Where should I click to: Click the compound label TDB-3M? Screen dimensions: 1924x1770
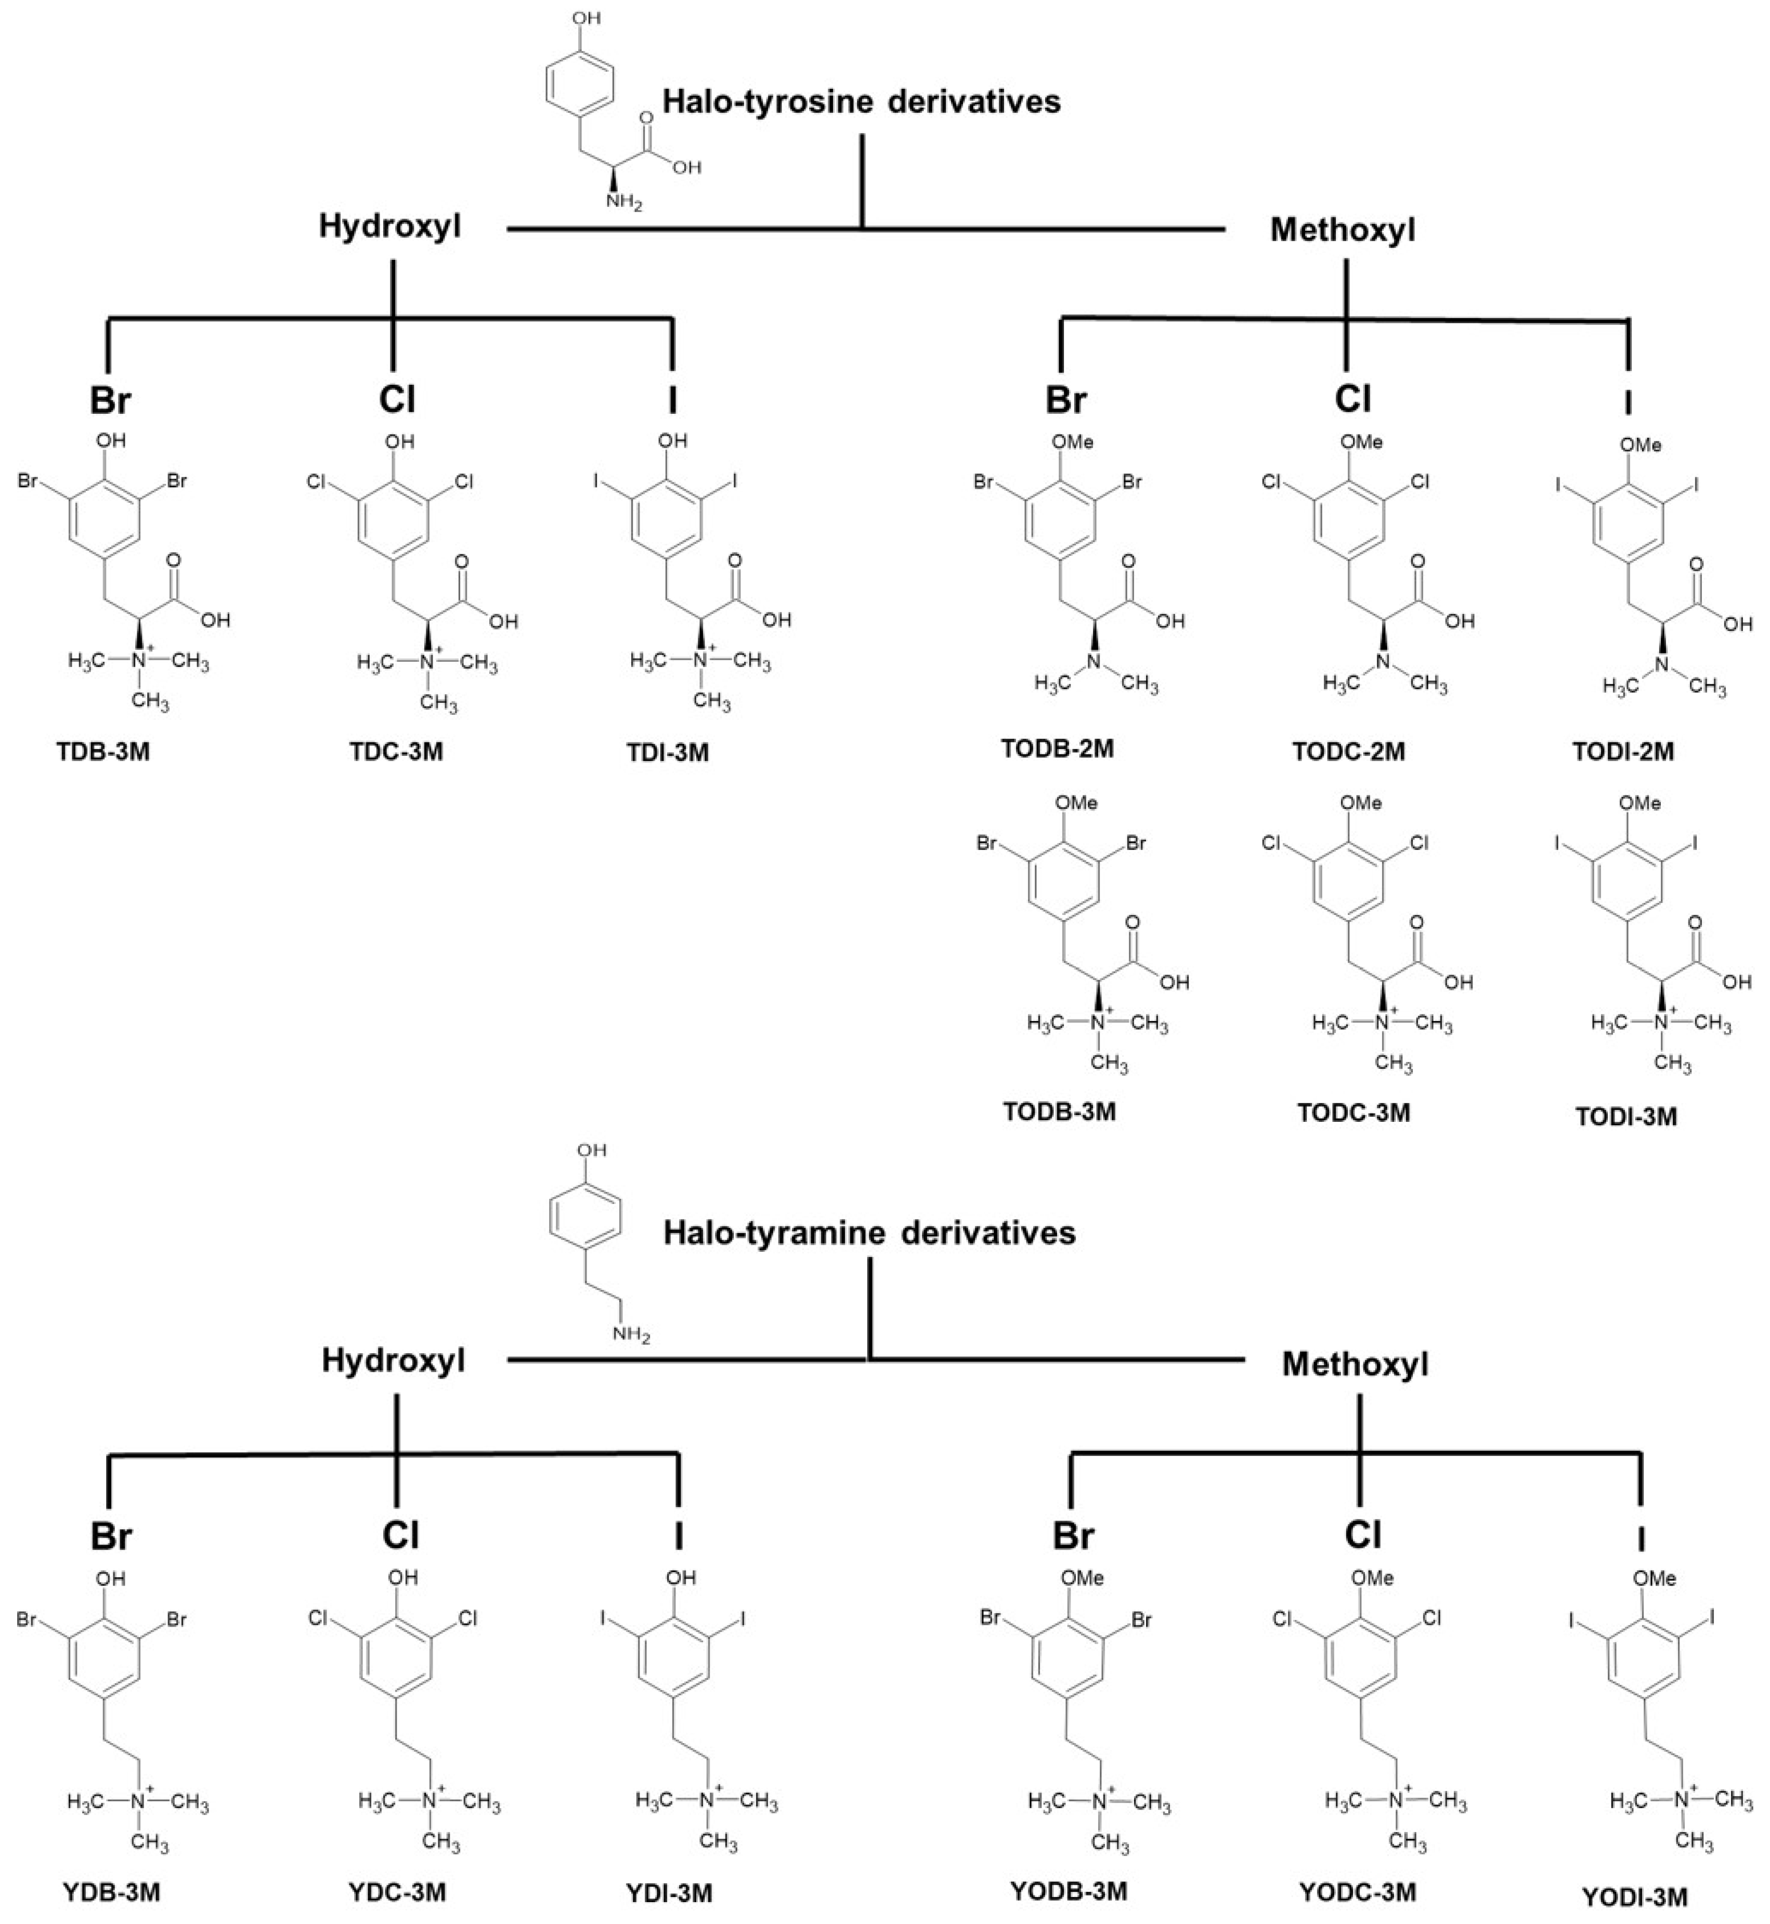point(103,751)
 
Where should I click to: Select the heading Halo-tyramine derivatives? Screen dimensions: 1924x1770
point(869,1233)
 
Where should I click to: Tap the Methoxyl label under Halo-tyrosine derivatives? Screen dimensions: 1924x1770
point(1343,231)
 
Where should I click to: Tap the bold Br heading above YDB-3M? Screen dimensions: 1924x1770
point(111,1536)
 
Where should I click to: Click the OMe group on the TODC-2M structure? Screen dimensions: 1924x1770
point(1361,442)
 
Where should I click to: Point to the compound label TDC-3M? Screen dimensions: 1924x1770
point(397,751)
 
